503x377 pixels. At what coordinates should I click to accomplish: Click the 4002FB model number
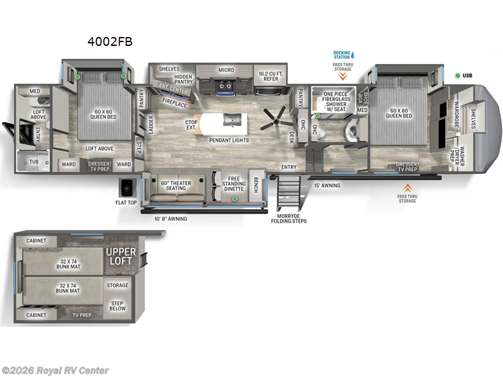pos(111,42)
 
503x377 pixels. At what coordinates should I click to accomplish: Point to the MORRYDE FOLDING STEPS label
pos(289,217)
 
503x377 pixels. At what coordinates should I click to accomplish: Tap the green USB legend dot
pos(458,75)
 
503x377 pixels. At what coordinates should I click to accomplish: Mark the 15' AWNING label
pos(327,185)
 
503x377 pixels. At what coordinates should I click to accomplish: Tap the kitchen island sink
pos(231,118)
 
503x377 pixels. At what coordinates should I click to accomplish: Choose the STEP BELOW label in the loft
pos(118,306)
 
